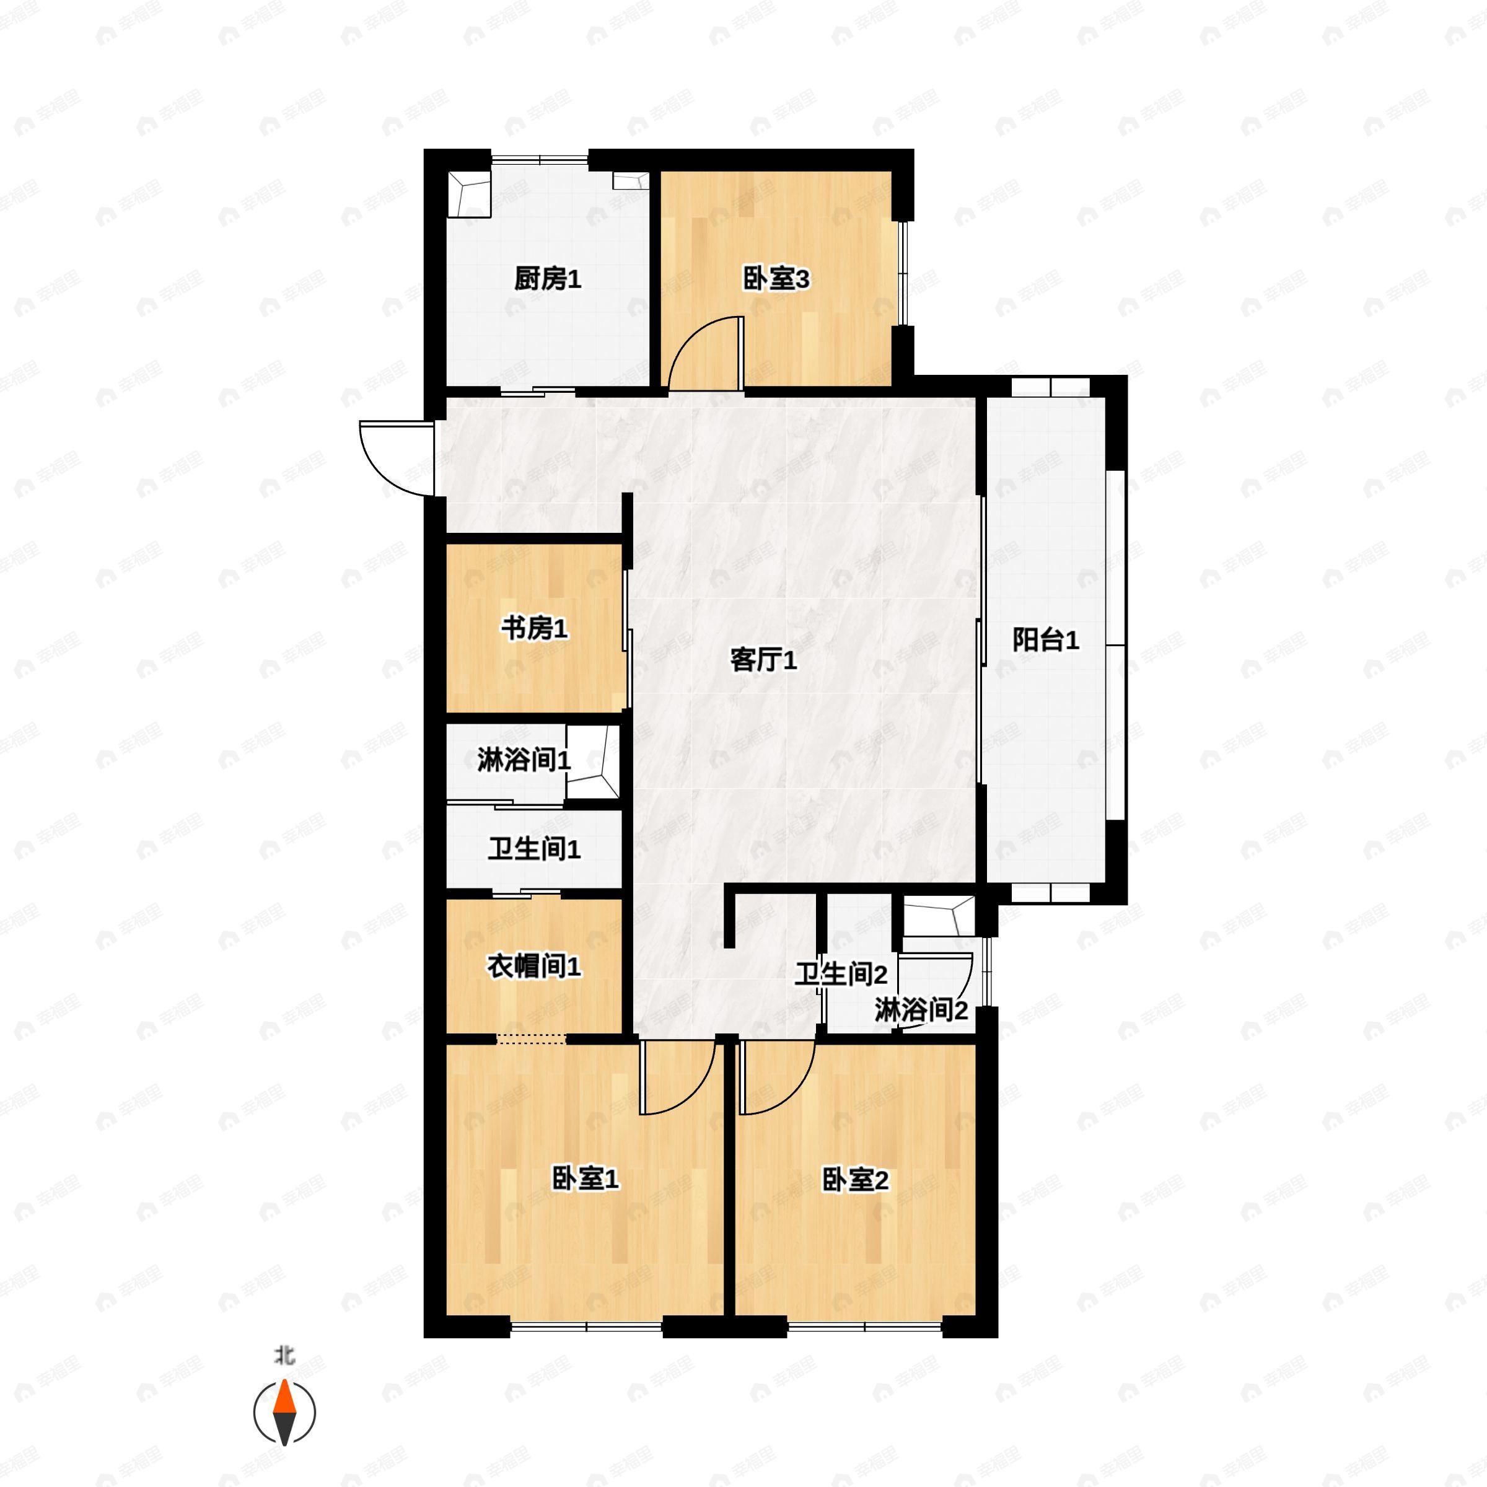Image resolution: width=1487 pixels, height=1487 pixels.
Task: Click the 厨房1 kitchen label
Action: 547,279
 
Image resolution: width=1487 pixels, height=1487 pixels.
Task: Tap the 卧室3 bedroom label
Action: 776,279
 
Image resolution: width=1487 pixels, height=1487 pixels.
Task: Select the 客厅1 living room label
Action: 763,660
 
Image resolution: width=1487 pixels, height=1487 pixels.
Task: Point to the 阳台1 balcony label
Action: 1045,639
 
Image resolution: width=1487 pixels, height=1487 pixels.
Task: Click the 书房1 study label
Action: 534,629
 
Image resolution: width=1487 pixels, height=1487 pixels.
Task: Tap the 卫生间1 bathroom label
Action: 534,849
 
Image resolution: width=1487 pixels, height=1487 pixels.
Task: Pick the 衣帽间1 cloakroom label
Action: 534,967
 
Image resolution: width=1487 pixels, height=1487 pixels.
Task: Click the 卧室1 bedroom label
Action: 586,1179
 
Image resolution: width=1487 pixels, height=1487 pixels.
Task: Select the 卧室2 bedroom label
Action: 856,1179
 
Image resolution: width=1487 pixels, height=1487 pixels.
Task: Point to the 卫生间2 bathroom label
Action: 841,975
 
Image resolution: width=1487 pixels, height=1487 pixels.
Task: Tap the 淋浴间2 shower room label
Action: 921,1011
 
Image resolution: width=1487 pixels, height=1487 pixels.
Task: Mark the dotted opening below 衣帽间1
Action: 531,1038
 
